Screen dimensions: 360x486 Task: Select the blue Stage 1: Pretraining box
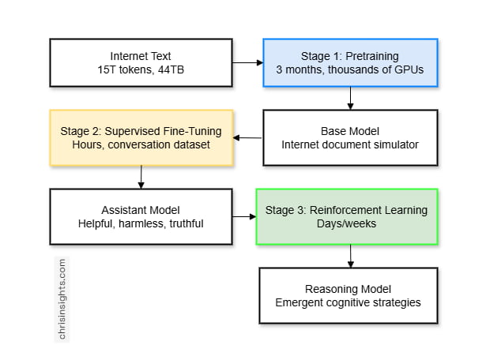[x=349, y=63]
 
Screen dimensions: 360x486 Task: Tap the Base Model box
[x=349, y=137]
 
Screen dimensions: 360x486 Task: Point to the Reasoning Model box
[x=348, y=295]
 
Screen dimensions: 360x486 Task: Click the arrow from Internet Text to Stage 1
[x=248, y=62]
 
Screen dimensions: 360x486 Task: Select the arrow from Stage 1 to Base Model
[x=350, y=98]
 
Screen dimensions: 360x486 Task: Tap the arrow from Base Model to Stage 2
[x=248, y=138]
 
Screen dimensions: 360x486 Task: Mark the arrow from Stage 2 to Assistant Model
[x=141, y=177]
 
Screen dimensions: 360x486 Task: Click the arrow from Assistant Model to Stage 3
[x=243, y=216]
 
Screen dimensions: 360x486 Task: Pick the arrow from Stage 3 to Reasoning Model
[x=350, y=256]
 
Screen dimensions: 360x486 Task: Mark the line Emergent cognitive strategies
[x=348, y=302]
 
